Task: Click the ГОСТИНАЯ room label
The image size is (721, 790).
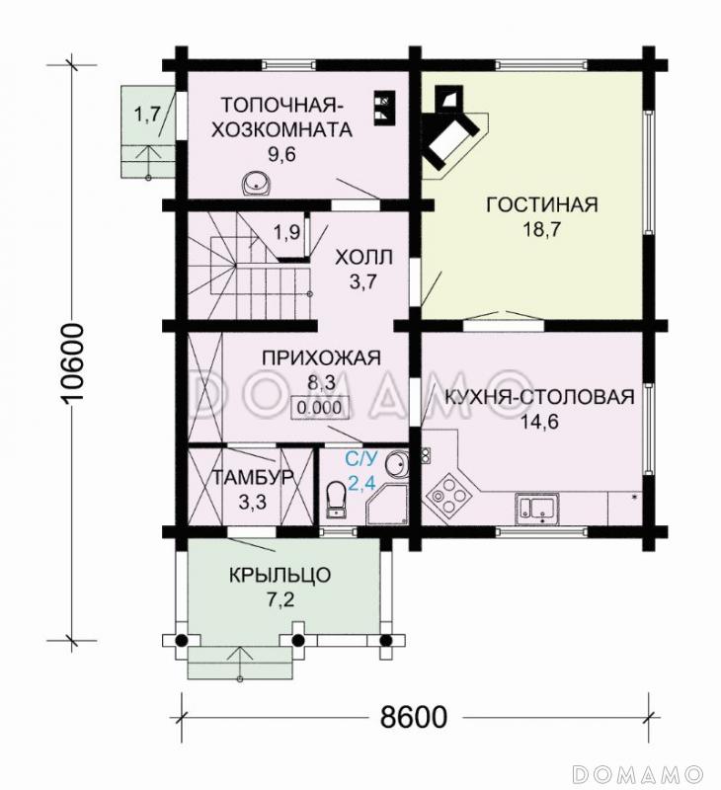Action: pos(542,204)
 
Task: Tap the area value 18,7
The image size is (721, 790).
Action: pos(541,229)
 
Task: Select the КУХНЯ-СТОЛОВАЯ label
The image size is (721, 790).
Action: pos(538,398)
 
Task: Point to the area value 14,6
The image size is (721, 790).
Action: pos(538,422)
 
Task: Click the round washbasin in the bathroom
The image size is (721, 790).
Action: pos(395,463)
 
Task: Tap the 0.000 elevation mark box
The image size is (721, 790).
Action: pos(317,406)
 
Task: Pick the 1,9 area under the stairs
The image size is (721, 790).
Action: pos(287,233)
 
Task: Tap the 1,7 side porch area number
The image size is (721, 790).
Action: pos(147,115)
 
